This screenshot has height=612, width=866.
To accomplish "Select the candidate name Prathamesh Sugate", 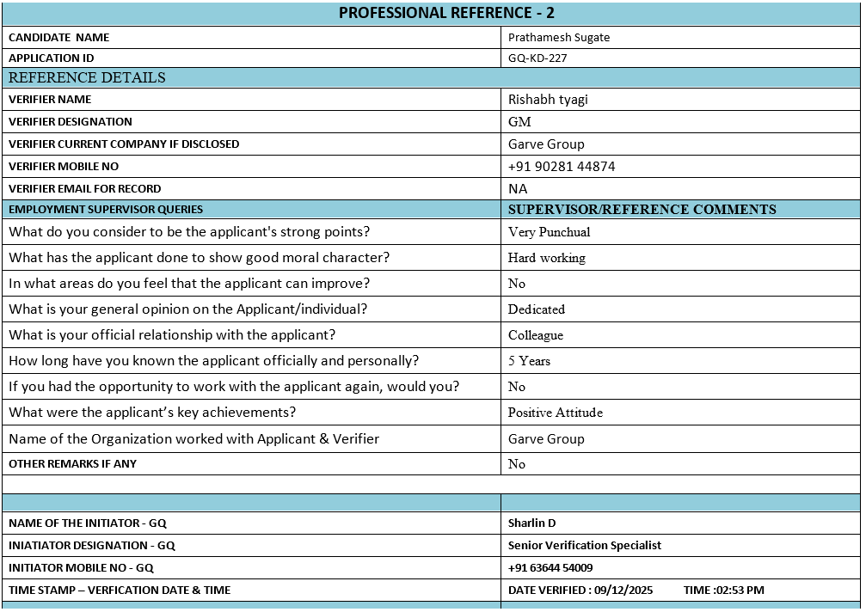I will click(558, 37).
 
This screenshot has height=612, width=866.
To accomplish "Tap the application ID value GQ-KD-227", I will click(537, 58).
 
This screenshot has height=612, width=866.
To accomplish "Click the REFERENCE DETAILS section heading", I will click(87, 77).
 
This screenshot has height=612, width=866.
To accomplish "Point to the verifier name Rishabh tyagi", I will click(548, 100).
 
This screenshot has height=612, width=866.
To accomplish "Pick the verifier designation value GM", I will click(519, 122).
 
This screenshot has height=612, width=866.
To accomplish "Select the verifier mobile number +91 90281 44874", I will click(562, 167).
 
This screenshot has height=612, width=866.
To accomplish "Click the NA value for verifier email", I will click(518, 189).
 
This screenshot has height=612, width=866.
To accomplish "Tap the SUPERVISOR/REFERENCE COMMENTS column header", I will click(642, 210).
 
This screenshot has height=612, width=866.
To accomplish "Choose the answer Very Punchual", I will click(549, 232).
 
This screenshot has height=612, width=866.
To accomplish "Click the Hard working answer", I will click(546, 258).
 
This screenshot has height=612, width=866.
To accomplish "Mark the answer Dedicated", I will click(536, 309).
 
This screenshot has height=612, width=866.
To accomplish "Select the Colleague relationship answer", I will click(535, 335).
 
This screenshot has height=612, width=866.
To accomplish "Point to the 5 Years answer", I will click(529, 361).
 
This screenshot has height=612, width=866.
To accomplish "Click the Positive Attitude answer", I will click(555, 413).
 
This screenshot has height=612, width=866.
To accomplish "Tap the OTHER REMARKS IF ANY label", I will click(72, 464).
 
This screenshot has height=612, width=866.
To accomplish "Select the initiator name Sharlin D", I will click(531, 523).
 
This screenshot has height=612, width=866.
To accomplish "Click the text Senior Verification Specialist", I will click(584, 545).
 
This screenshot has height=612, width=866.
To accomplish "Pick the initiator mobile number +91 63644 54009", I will click(550, 567).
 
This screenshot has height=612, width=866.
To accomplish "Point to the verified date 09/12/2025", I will click(623, 590).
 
